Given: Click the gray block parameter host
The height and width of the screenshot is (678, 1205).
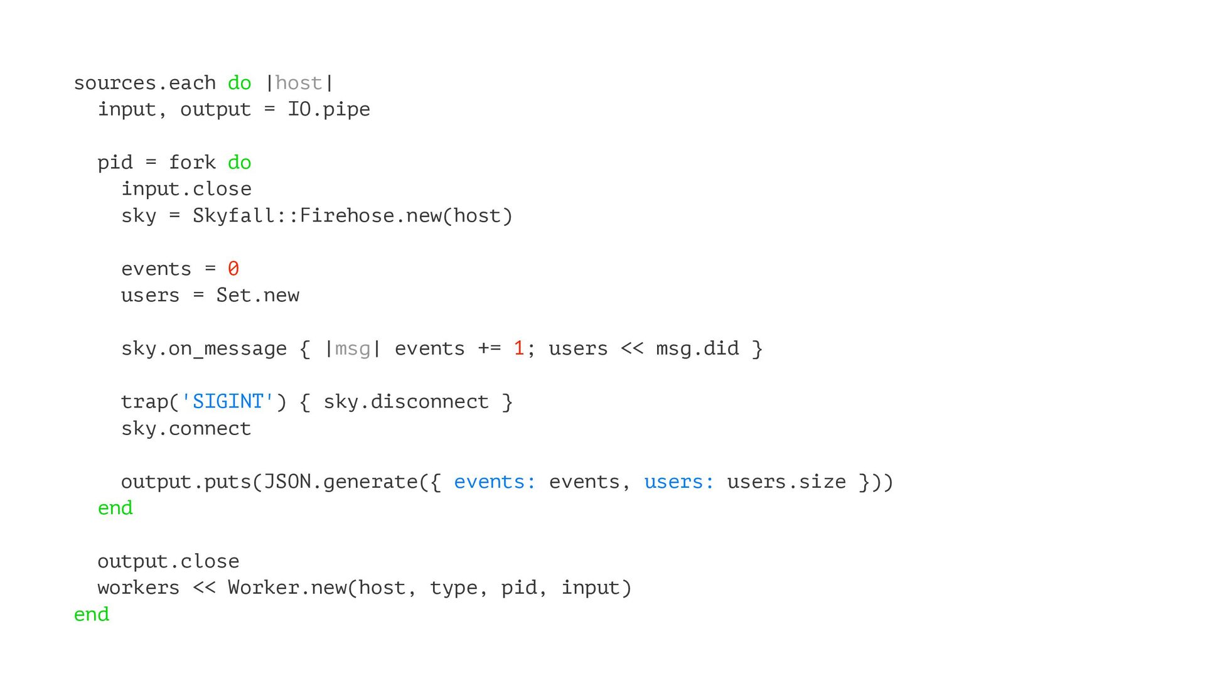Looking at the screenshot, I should tap(298, 83).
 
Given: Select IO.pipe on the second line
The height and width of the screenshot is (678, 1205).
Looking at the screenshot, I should tap(328, 109).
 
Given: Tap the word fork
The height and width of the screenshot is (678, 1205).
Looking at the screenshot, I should tap(192, 163).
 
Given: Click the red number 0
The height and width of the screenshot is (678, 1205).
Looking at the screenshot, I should tap(233, 269).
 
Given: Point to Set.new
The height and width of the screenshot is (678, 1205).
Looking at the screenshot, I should tap(257, 295).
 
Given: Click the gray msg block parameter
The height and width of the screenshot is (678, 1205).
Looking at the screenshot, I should tap(352, 348).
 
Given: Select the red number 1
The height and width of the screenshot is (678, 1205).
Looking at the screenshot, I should tap(518, 348).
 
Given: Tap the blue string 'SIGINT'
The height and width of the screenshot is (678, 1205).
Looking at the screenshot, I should tap(227, 402).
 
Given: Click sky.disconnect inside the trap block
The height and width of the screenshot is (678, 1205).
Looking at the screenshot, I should tap(405, 402).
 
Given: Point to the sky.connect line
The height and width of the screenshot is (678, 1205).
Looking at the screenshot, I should tap(186, 428).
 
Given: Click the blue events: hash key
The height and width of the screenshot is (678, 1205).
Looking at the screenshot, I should tap(495, 482).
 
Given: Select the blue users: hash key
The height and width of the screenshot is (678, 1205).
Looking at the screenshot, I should tap(679, 482).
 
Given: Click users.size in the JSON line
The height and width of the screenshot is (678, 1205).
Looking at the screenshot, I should tap(786, 482).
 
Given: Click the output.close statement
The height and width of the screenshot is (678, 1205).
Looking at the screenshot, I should tap(168, 561).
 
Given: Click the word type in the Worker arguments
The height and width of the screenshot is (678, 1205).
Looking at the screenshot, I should tap(453, 588).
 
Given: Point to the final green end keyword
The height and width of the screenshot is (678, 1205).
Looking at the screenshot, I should tap(92, 614).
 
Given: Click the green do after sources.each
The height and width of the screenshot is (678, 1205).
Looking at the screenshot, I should tap(239, 83).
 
